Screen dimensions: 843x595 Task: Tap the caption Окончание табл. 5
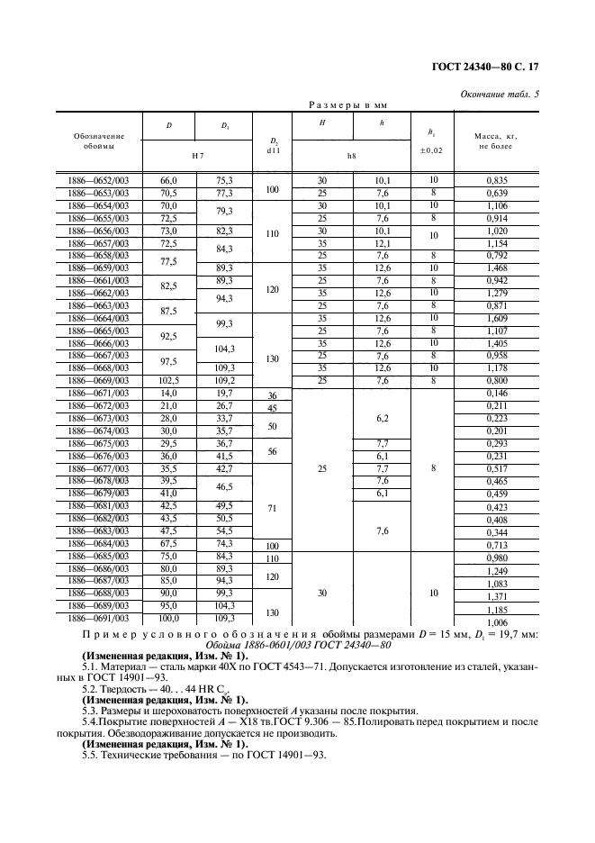click(x=500, y=94)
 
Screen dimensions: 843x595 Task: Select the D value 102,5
click(x=168, y=381)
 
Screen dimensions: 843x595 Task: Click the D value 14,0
click(x=168, y=394)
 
